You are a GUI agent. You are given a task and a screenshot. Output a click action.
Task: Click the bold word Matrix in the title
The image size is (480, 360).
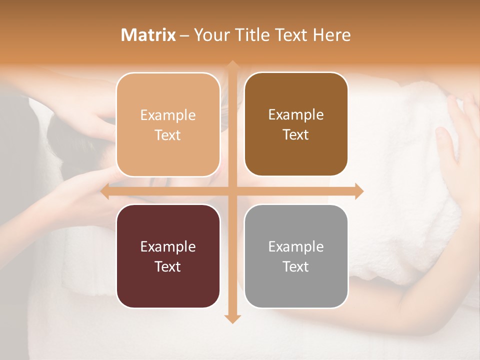coord(148,35)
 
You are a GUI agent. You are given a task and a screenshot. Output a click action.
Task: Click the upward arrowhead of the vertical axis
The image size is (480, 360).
coord(232,65)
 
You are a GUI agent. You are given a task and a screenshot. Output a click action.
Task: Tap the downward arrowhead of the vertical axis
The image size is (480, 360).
coord(232,318)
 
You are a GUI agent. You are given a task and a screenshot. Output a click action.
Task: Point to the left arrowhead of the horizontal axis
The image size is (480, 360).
coord(105,191)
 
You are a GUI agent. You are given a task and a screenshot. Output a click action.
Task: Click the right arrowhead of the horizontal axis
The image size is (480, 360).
coord(359,191)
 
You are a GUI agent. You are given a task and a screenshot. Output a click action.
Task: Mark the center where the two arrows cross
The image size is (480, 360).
coord(232,191)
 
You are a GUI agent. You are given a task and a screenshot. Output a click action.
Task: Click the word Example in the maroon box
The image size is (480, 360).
coord(168,246)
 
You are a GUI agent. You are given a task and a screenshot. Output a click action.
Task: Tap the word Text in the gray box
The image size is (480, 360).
coord(296,266)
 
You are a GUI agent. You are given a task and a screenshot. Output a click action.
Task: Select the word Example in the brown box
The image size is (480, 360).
coord(296,115)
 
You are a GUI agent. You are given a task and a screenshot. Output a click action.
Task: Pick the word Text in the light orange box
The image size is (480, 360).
coord(168,135)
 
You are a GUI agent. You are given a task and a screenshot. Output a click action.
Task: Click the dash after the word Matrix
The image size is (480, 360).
coord(184,35)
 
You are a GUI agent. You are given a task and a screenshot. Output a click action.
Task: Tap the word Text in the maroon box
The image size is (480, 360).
coord(168,266)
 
